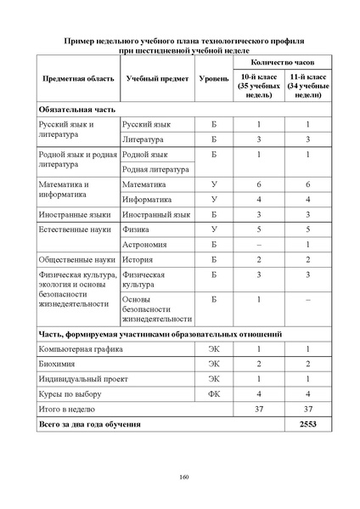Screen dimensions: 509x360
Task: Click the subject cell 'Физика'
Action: click(x=138, y=229)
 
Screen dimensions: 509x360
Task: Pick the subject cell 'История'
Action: click(x=139, y=259)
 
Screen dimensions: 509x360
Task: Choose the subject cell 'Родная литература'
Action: click(x=155, y=169)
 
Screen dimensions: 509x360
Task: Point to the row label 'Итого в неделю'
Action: click(x=68, y=408)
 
